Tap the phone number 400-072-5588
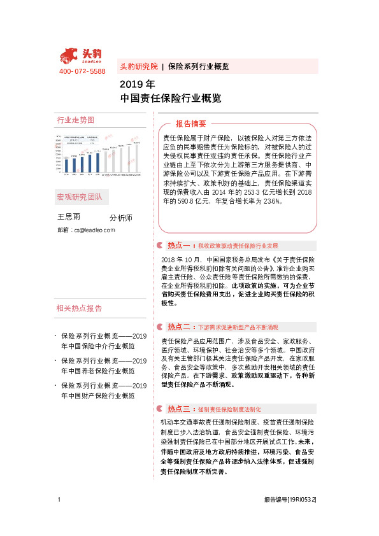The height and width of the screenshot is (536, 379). coord(82,71)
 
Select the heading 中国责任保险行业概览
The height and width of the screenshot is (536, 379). coord(171,99)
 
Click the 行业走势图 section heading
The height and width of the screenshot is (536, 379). coord(75,120)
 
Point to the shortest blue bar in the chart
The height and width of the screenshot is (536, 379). coord(67,166)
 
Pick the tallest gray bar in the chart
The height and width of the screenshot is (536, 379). coord(136,159)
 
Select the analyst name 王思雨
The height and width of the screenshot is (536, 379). coord(69,217)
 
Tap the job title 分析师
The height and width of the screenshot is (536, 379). coord(121,218)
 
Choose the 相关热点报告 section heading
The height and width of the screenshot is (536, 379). coord(79,308)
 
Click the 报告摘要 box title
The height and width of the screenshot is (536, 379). coord(191,123)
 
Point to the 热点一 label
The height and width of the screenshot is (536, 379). coord(179,245)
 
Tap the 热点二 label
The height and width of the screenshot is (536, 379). coord(179,327)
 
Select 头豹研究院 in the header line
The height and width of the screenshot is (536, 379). coord(138,66)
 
